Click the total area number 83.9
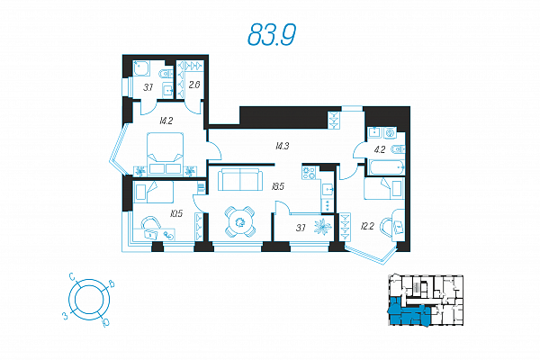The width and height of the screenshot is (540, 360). point(271,34)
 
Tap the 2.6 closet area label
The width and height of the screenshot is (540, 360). point(193,85)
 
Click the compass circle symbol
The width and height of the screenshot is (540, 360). point(88,298)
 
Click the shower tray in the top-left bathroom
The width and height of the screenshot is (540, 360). point(142,68)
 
